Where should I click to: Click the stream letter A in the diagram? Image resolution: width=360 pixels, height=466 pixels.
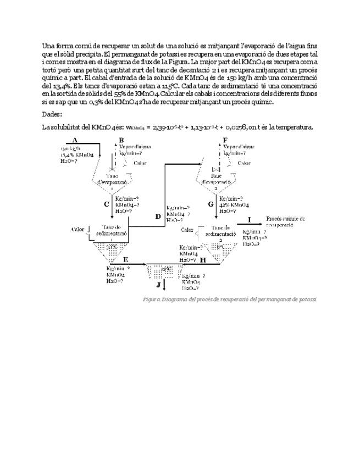75,141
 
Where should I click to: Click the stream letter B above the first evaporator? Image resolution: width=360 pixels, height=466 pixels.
121,141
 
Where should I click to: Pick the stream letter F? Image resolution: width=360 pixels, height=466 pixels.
225,141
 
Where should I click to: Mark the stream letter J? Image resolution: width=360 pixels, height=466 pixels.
158,285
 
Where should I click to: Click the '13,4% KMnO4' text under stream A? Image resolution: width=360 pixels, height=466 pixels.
77,154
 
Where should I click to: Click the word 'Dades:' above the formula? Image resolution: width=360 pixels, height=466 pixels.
52,114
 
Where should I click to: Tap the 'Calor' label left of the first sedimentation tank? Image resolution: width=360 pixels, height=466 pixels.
78,229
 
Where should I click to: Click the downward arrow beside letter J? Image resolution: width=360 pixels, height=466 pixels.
164,285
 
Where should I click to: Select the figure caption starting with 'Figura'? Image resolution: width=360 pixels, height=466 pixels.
230,299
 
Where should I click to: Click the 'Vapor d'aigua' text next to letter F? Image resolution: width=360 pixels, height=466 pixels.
239,147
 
